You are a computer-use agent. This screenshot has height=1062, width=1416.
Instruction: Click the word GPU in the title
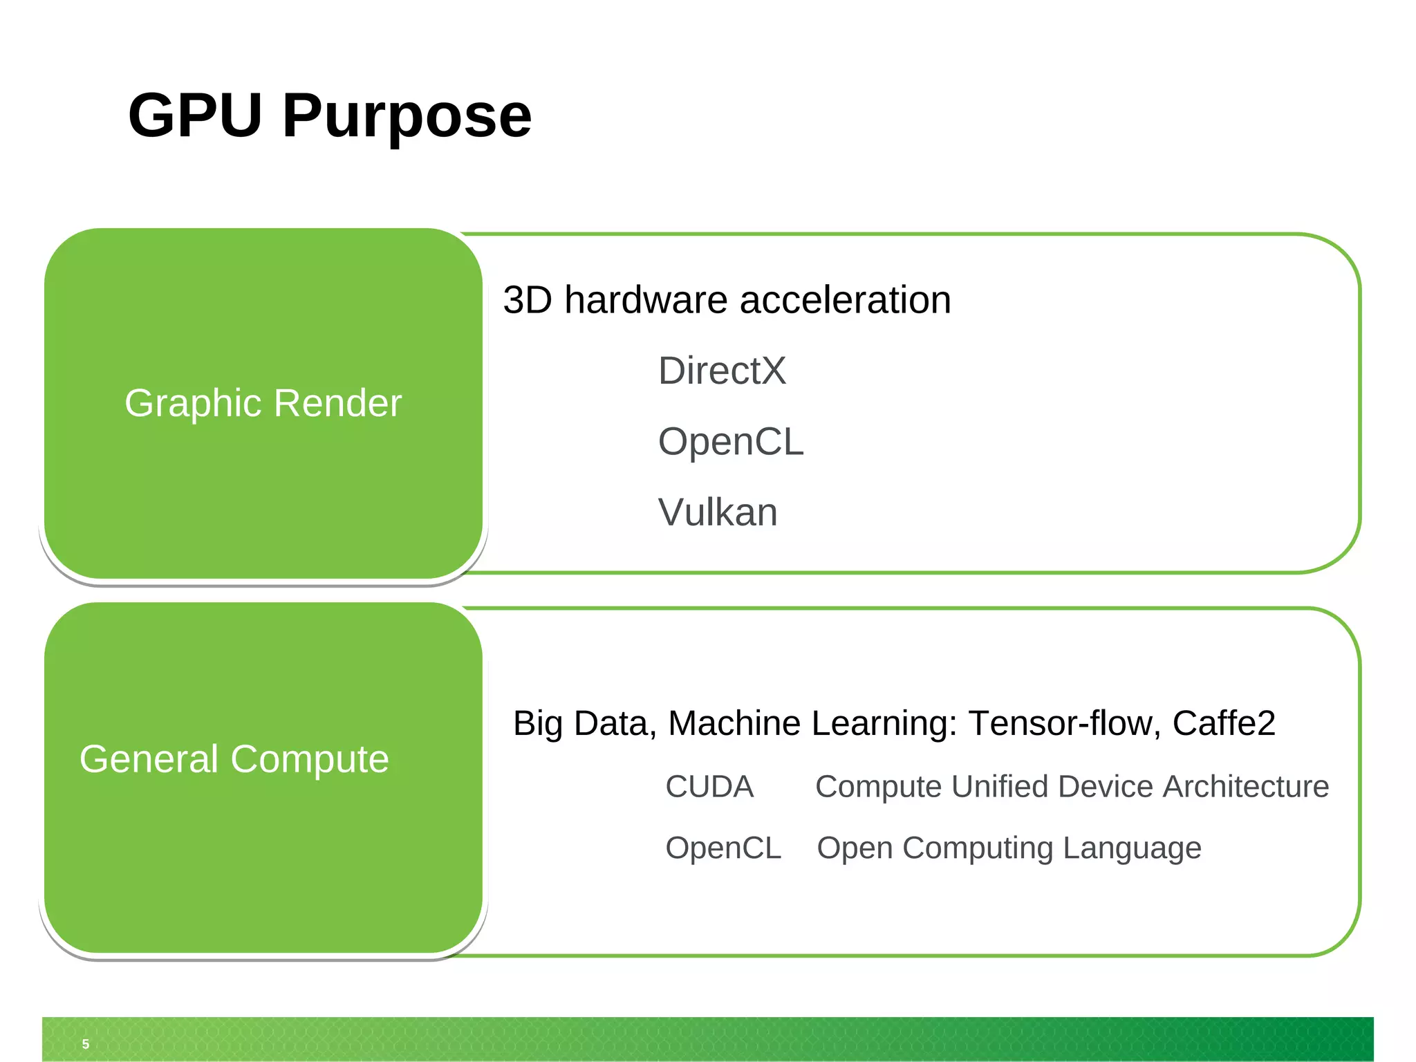click(195, 115)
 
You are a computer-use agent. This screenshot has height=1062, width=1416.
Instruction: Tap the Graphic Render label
click(263, 403)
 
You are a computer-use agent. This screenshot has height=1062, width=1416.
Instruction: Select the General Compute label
click(234, 759)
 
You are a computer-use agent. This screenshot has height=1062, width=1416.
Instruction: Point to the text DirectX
click(722, 371)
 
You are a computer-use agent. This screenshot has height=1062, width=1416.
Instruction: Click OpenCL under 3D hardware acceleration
click(731, 442)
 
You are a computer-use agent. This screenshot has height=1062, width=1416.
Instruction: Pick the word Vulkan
click(718, 512)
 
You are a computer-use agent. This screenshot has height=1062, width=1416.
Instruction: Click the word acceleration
click(845, 300)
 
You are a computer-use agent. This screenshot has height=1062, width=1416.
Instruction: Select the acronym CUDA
click(709, 787)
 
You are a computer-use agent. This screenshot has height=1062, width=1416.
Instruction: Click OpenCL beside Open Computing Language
click(723, 848)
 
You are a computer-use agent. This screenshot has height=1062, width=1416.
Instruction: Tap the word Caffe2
click(1223, 724)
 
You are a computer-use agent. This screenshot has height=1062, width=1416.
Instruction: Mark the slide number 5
click(86, 1044)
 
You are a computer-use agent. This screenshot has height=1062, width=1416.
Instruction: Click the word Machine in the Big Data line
click(734, 724)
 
